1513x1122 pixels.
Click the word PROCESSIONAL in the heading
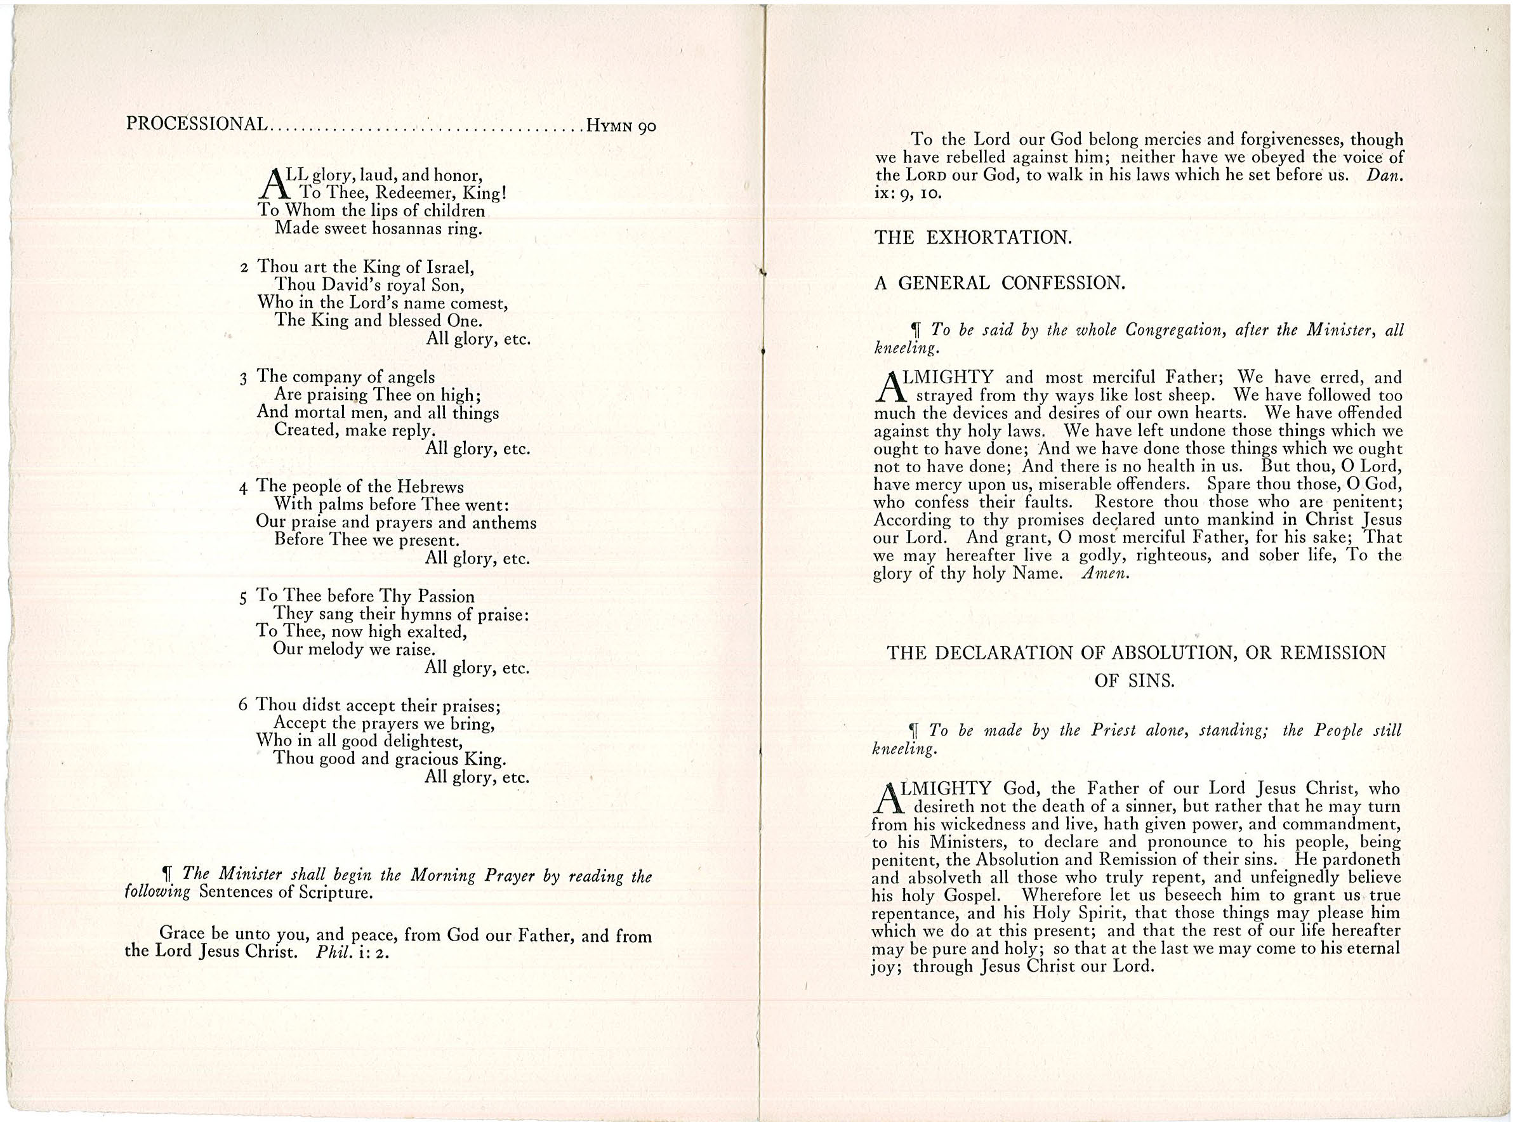(196, 124)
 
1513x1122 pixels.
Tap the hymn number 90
(646, 126)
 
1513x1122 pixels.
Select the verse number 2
(244, 268)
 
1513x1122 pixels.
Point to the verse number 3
(244, 378)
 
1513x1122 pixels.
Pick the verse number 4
(244, 487)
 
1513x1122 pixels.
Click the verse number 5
(244, 598)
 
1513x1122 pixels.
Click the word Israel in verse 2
(449, 267)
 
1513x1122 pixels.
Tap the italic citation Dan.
(1389, 175)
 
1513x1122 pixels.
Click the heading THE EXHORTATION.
(973, 238)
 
